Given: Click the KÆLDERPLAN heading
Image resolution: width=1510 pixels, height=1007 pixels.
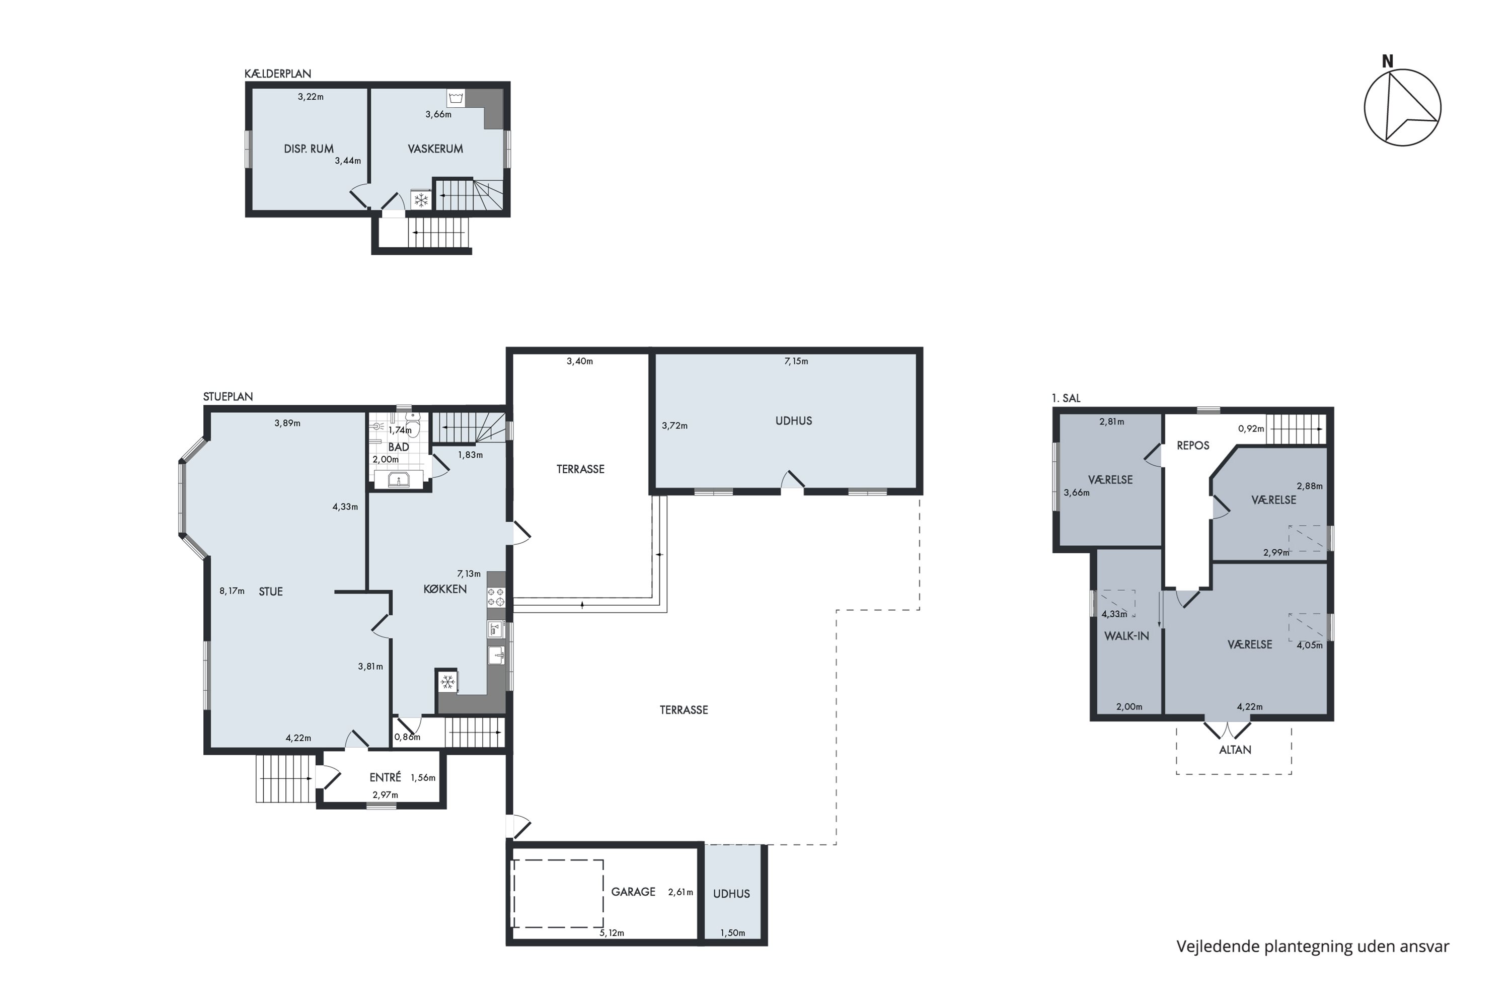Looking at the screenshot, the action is coord(277,74).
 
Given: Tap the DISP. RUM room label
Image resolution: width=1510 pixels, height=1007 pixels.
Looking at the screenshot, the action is coord(309,149).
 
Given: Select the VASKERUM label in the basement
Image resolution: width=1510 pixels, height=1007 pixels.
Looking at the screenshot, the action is coord(435,149).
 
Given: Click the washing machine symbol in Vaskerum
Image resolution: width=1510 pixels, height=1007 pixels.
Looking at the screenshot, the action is coord(456,98).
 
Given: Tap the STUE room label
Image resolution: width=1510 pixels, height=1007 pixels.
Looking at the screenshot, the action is coord(270,592).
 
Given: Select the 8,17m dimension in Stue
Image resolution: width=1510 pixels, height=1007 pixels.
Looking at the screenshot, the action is coord(232,591).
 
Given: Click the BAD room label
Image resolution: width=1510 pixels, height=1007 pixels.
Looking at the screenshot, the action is coord(399,447).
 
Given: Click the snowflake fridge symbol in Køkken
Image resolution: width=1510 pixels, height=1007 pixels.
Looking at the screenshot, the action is coord(447,681).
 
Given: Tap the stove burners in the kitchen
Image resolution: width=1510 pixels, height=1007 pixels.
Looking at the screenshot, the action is coord(496,597).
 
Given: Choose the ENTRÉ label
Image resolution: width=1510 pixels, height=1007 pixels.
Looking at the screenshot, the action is coord(385,777).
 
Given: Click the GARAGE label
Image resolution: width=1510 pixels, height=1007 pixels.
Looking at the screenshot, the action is coord(633,891).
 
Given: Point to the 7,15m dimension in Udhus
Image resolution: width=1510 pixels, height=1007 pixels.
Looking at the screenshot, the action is coord(796,362).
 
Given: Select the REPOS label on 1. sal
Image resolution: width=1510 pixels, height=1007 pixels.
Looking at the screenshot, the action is coord(1193,445).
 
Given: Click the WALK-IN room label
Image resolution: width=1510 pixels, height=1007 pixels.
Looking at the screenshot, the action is coord(1127,636).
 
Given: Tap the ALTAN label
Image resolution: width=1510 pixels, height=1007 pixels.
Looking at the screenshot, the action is coord(1235,750).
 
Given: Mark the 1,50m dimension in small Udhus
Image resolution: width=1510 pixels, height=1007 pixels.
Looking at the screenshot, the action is coord(732,932).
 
